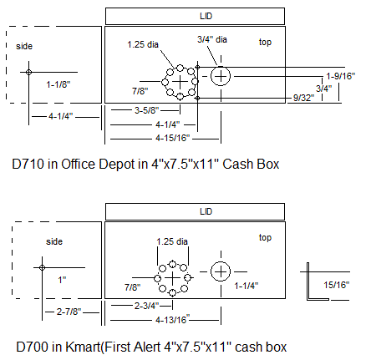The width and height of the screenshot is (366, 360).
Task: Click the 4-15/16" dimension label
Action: pos(173,138)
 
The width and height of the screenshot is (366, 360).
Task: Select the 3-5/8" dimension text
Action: pos(147,110)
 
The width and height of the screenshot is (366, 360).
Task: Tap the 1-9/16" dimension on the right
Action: pos(341,76)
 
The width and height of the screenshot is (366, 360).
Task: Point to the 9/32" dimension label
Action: pos(303,98)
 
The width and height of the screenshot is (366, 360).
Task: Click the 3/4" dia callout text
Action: pos(212,39)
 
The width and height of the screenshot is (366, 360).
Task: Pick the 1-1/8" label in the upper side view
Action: pos(58,84)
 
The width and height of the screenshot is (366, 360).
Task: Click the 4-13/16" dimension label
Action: pos(173,319)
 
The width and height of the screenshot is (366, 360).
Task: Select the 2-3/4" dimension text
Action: pos(147,306)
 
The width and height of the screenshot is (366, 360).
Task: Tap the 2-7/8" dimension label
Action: pos(69,312)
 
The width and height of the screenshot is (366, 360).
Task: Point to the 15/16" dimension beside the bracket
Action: pos(337,285)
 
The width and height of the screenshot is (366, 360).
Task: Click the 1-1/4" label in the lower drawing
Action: pos(247,286)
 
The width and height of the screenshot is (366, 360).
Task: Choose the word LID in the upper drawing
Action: pos(206,16)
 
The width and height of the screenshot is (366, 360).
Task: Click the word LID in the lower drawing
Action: pos(206,211)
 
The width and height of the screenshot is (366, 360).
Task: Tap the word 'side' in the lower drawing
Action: pos(54,241)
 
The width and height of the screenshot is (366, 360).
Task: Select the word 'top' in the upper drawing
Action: pos(265,42)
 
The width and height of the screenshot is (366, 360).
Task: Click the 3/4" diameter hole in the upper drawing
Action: pos(221,76)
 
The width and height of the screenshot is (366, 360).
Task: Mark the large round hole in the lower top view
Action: pos(221,271)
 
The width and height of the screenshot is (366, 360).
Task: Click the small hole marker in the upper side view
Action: pos(28,73)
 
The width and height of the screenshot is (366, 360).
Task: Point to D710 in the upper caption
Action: pos(28,164)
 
